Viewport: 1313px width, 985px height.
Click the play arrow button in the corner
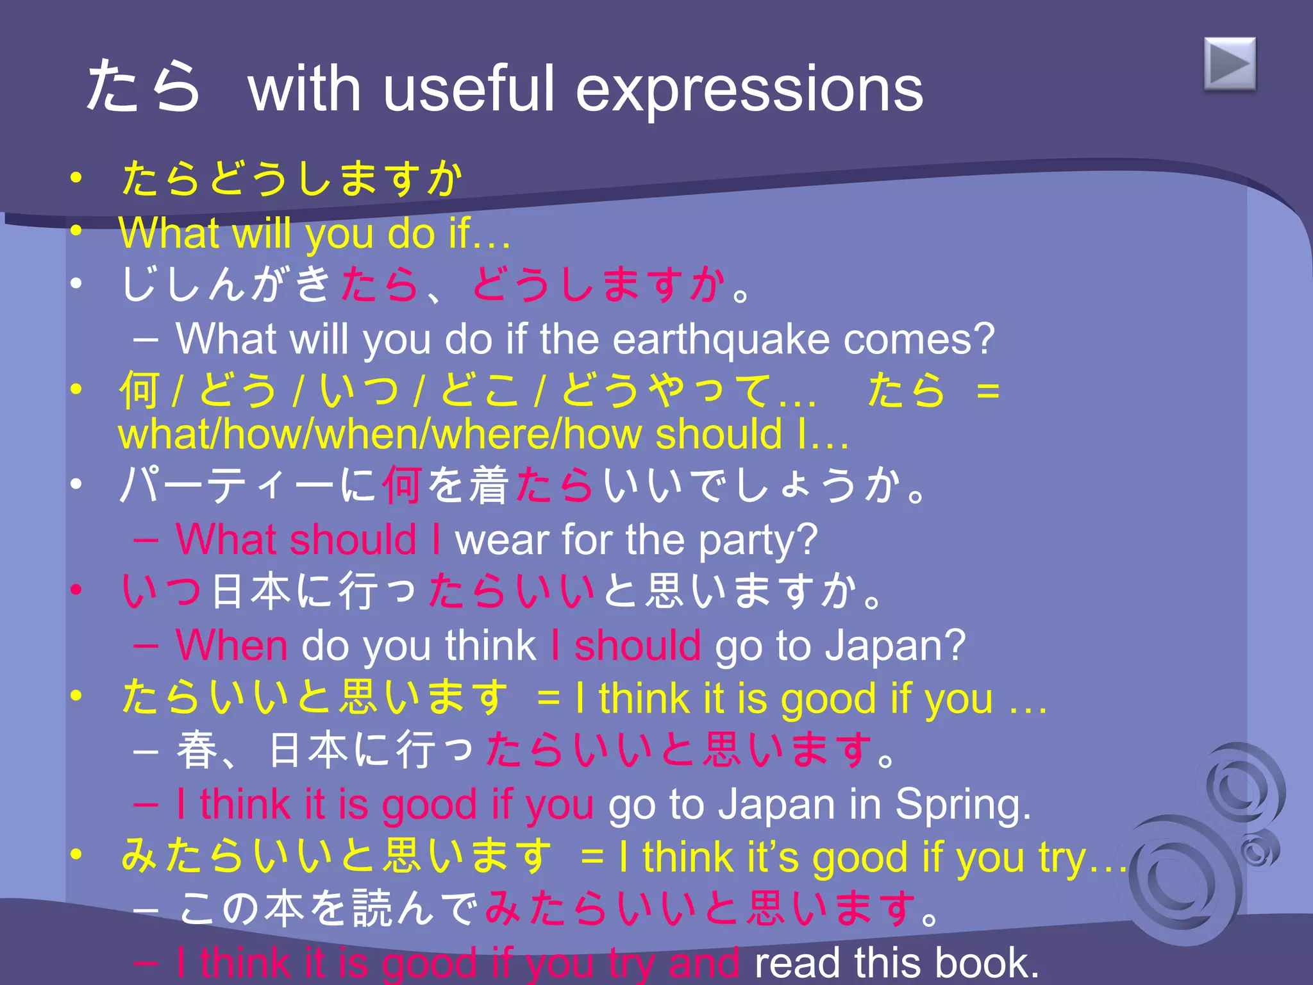coord(1230,64)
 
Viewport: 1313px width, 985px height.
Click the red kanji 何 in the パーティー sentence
coord(402,485)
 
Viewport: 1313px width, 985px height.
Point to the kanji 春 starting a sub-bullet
coord(197,751)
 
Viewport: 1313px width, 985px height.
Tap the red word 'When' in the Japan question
coord(231,645)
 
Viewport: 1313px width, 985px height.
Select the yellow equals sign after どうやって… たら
coord(987,391)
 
